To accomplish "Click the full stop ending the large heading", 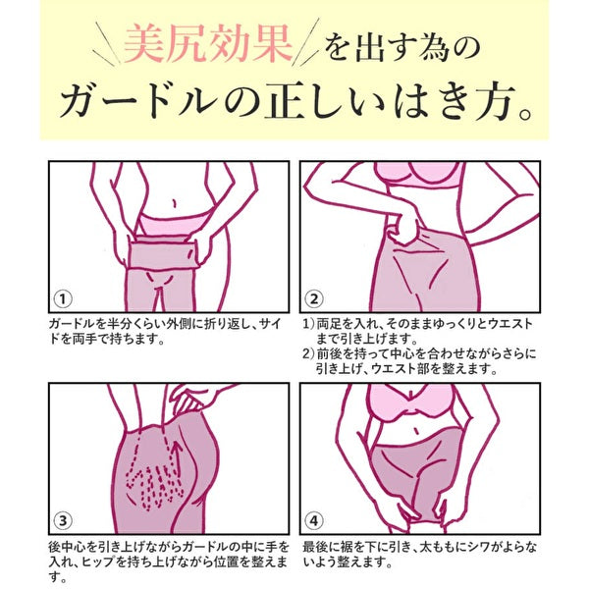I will pyautogui.click(x=527, y=111).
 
